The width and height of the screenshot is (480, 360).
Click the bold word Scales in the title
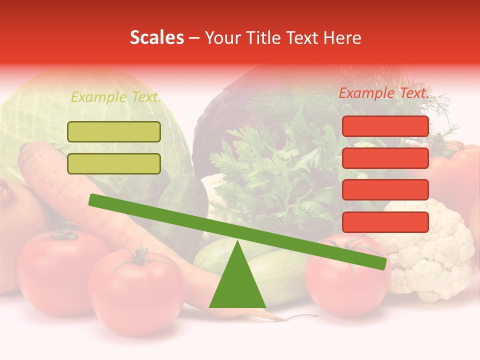[x=156, y=38]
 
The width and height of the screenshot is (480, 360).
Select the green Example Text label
[x=116, y=97]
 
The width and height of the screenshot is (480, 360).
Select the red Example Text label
[x=384, y=93]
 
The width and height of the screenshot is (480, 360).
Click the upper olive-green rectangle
[x=114, y=132]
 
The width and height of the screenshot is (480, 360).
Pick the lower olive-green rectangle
[x=114, y=163]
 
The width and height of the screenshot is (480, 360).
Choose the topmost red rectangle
[x=385, y=126]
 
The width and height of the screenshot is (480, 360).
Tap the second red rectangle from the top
[x=385, y=158]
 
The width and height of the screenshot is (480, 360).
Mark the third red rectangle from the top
[x=385, y=190]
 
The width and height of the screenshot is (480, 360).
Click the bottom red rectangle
[x=385, y=222]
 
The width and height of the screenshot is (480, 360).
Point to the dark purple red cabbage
[x=225, y=115]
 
